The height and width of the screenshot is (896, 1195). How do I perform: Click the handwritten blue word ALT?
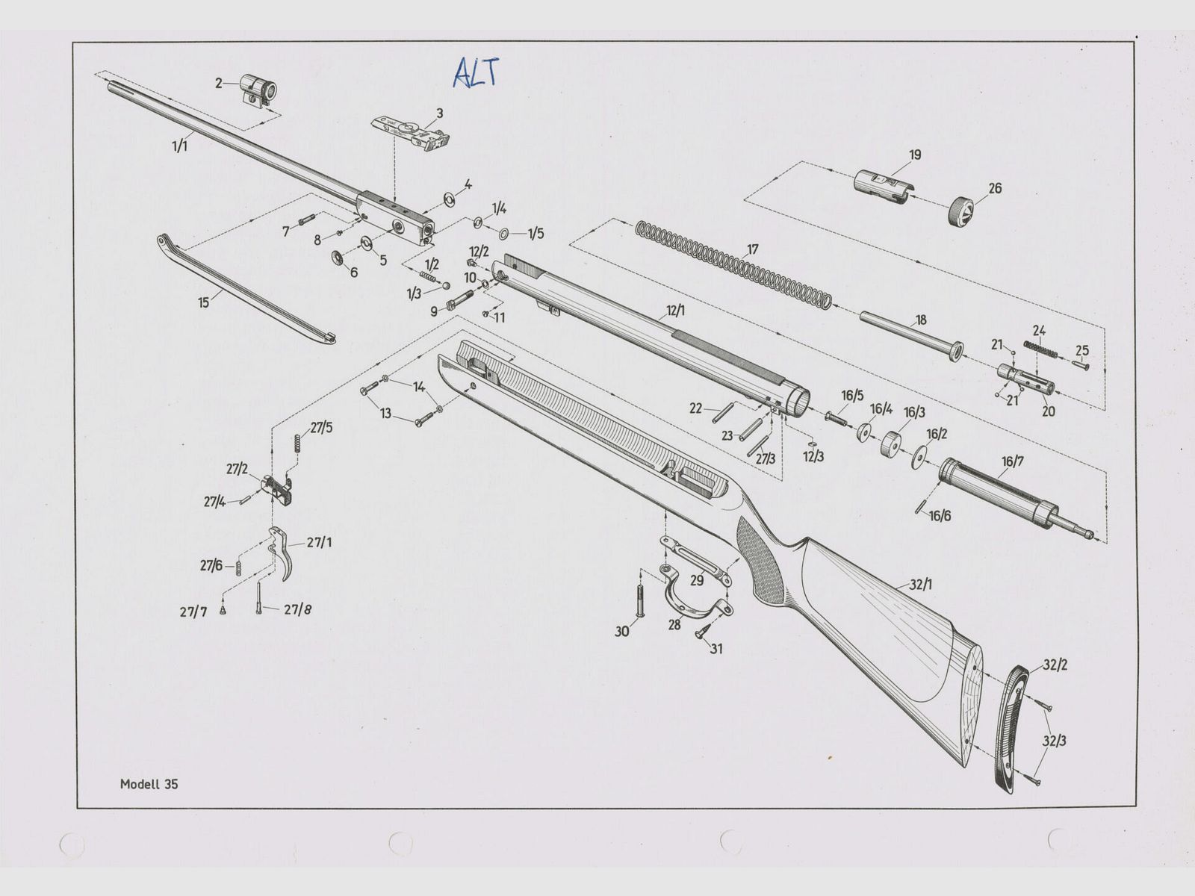click(475, 72)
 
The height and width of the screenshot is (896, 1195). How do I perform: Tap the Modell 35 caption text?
click(149, 784)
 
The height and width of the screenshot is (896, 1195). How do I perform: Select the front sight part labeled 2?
click(258, 90)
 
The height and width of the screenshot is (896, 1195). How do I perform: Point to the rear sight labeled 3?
click(412, 134)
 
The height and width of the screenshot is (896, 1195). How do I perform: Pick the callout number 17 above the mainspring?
click(752, 249)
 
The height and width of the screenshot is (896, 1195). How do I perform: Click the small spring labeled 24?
click(1040, 349)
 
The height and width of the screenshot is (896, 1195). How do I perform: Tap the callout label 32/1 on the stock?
click(921, 585)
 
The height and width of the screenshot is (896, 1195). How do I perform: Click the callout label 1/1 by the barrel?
click(179, 146)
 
